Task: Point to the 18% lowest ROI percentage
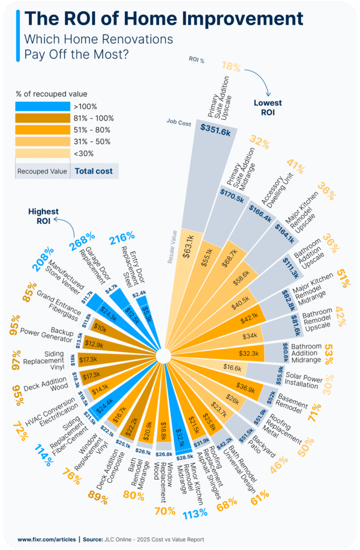pyautogui.click(x=231, y=67)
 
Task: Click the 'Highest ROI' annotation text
pyautogui.click(x=44, y=216)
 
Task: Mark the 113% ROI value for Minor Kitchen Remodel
pyautogui.click(x=194, y=513)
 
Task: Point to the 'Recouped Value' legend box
pyautogui.click(x=42, y=171)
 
